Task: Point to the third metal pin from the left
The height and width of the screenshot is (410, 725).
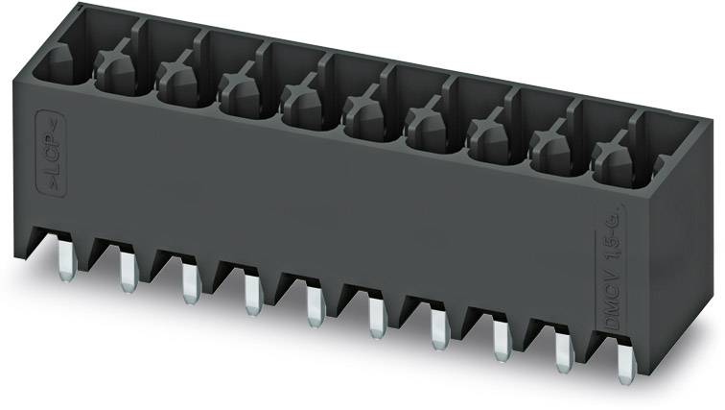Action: (189, 280)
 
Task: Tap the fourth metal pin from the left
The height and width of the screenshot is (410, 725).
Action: (251, 293)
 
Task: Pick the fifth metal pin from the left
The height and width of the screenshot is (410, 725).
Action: (313, 305)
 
